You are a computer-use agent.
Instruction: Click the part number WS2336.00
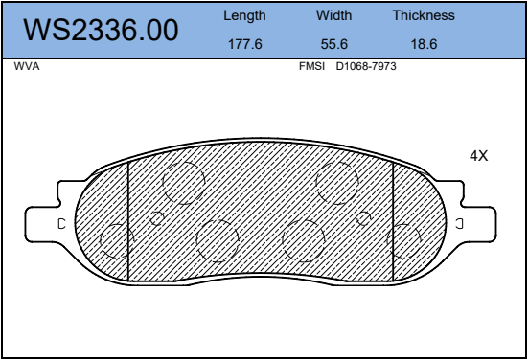(x=101, y=30)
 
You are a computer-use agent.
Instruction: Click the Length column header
(x=244, y=16)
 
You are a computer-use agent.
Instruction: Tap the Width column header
(x=333, y=15)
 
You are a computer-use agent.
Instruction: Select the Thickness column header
(x=424, y=15)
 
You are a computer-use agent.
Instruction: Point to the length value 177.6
(x=244, y=44)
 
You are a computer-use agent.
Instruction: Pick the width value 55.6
(x=333, y=44)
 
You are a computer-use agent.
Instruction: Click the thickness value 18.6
(x=424, y=44)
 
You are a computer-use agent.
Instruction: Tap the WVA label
(x=27, y=66)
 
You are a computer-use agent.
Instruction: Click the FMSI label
(x=311, y=66)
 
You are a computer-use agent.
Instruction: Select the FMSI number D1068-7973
(x=366, y=66)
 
